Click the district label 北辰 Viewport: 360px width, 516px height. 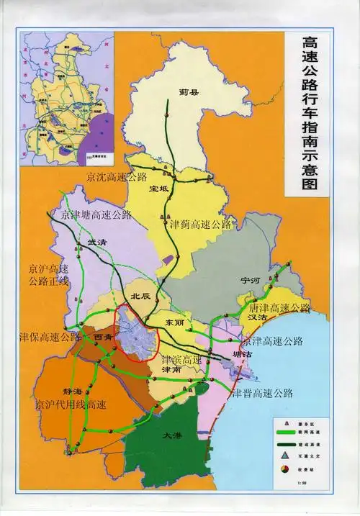pyautogui.click(x=140, y=295)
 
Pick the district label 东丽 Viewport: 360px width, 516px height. pyautogui.click(x=176, y=322)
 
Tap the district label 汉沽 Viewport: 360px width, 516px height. pyautogui.click(x=258, y=316)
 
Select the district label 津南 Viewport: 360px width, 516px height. pyautogui.click(x=172, y=371)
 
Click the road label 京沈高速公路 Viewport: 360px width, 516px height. pyautogui.click(x=116, y=176)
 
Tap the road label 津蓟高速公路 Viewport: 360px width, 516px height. pyautogui.click(x=200, y=225)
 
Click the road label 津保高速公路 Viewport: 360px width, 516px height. pyautogui.click(x=50, y=336)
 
